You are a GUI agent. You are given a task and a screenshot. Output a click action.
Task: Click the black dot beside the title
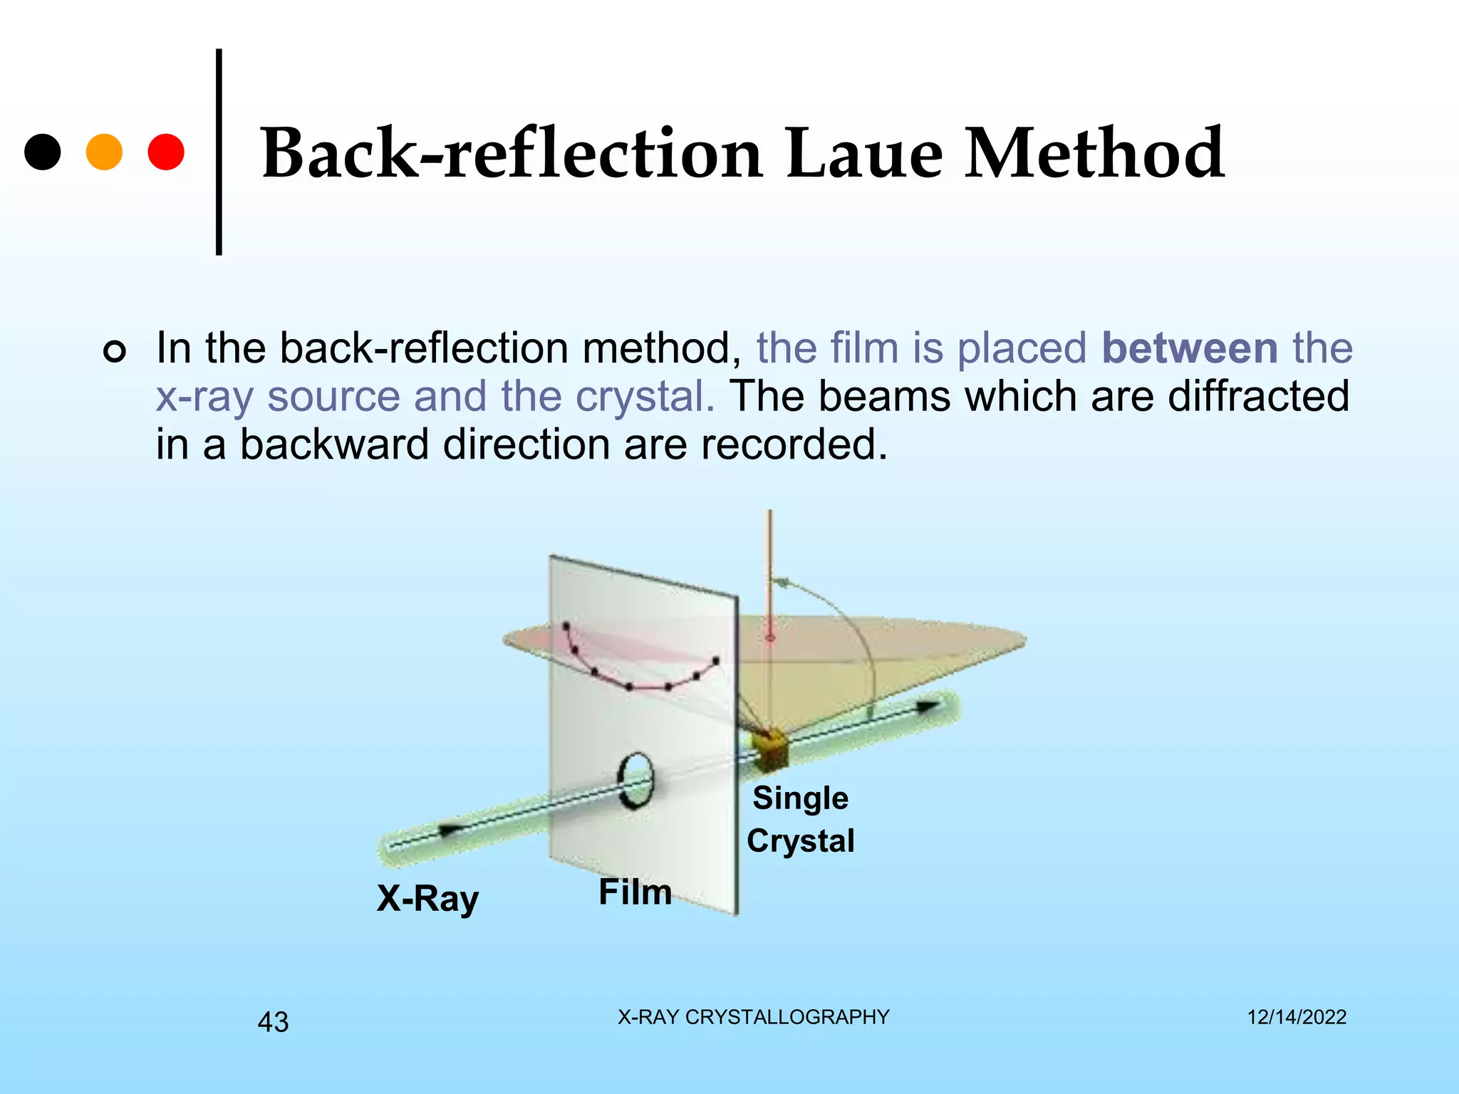(x=43, y=152)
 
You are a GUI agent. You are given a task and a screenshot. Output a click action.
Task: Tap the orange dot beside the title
(x=104, y=152)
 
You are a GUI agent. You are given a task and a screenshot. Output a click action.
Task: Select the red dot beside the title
(x=166, y=152)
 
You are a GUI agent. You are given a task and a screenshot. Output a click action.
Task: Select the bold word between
(x=1190, y=348)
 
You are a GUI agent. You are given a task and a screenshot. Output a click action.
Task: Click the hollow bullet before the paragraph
(x=115, y=351)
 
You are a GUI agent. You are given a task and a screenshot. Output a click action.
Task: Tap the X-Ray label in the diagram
(x=427, y=898)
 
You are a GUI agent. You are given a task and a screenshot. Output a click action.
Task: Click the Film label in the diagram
(x=635, y=892)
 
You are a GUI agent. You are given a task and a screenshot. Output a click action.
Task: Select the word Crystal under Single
(x=800, y=840)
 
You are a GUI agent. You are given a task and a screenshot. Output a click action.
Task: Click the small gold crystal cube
(x=772, y=750)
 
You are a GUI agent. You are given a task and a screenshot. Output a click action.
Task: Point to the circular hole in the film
(x=634, y=781)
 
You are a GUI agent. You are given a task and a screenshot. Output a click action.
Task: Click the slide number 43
(x=273, y=1022)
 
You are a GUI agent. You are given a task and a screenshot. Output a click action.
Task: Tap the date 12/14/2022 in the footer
(x=1297, y=1017)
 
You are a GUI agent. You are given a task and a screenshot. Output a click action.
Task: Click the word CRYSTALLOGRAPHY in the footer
(x=787, y=1017)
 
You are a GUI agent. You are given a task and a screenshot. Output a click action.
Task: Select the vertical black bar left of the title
(x=219, y=152)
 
